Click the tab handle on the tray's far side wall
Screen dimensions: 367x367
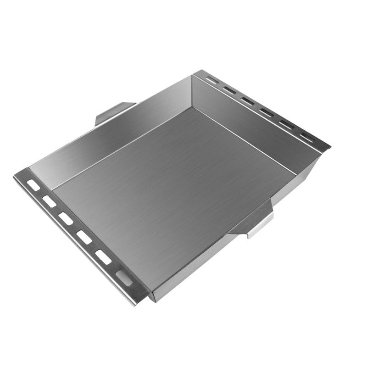(x=112, y=112)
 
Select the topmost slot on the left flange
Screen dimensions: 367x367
(x=33, y=185)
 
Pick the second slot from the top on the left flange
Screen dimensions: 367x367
(x=49, y=201)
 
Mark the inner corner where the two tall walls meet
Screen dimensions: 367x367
(x=192, y=107)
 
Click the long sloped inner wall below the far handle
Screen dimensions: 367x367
(x=115, y=138)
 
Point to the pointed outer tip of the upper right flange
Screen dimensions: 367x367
(x=328, y=148)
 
